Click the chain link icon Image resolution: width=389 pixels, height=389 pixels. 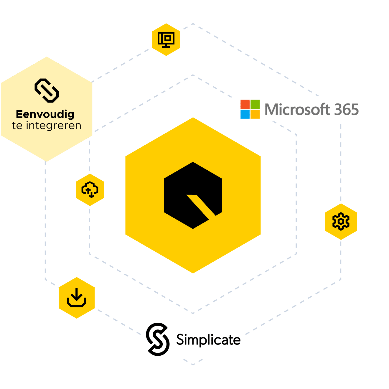pos(47,90)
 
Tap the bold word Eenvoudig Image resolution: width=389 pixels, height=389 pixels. pos(45,114)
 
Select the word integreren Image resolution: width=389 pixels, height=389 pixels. pos(54,126)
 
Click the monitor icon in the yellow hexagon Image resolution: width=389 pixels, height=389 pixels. pos(166,40)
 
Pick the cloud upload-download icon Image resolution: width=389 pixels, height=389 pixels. pos(90,189)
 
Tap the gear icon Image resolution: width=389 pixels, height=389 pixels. pos(341,221)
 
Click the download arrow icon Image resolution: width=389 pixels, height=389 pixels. pos(77,298)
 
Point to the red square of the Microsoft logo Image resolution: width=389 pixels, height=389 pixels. pos(245,104)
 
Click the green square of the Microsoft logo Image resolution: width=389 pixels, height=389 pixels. pos(255,104)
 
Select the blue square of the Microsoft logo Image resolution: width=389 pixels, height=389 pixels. pos(245,114)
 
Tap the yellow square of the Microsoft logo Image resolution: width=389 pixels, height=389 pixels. pos(255,114)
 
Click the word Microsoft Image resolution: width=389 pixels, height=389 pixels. pos(297,109)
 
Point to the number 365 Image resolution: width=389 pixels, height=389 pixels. pos(346,109)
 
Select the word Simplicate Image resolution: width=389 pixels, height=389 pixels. pos(209,340)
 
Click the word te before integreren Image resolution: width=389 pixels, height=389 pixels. pos(17,126)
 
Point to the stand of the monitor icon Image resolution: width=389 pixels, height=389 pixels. pos(166,46)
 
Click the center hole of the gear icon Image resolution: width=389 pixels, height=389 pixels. pos(341,221)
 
